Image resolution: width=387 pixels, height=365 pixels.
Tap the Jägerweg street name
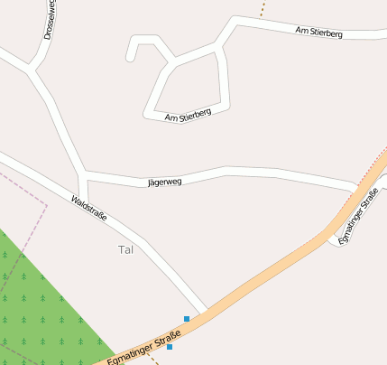[164, 182]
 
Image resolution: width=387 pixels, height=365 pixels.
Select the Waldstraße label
[89, 210]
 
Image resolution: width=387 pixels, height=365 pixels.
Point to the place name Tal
[125, 249]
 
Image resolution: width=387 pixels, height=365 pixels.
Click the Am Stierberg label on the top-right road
[318, 32]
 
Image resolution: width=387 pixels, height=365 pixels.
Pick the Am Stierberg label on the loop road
[188, 115]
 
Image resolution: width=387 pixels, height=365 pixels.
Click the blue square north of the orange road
[187, 318]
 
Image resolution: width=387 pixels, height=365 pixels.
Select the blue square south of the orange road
[170, 346]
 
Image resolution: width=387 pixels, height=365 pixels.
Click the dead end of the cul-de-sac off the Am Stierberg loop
[132, 58]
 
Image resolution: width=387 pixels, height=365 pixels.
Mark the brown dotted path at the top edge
[263, 8]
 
